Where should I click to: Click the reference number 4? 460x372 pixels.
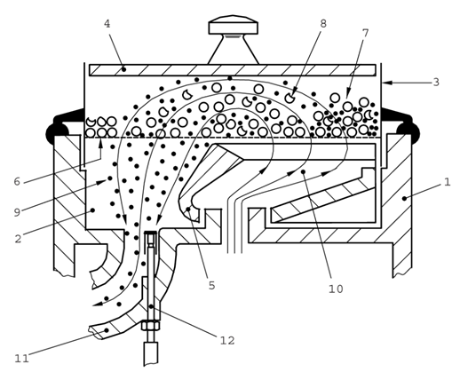click(107, 24)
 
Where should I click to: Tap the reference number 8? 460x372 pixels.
click(323, 23)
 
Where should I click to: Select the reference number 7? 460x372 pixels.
click(366, 33)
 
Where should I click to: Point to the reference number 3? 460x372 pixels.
click(436, 83)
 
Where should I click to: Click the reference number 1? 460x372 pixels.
click(447, 182)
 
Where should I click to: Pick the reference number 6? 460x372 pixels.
click(17, 181)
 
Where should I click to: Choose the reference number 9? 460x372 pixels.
click(17, 212)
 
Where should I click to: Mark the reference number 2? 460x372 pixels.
click(18, 239)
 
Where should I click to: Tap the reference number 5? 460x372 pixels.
click(211, 286)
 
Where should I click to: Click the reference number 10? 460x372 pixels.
click(336, 289)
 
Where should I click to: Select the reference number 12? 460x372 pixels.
click(227, 341)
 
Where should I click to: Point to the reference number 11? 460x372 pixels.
click(22, 359)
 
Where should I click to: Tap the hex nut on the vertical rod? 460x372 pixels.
click(151, 326)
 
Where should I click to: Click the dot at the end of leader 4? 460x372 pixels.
click(123, 69)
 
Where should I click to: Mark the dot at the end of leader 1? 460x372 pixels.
click(404, 198)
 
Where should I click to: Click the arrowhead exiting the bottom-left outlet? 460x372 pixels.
click(98, 304)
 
